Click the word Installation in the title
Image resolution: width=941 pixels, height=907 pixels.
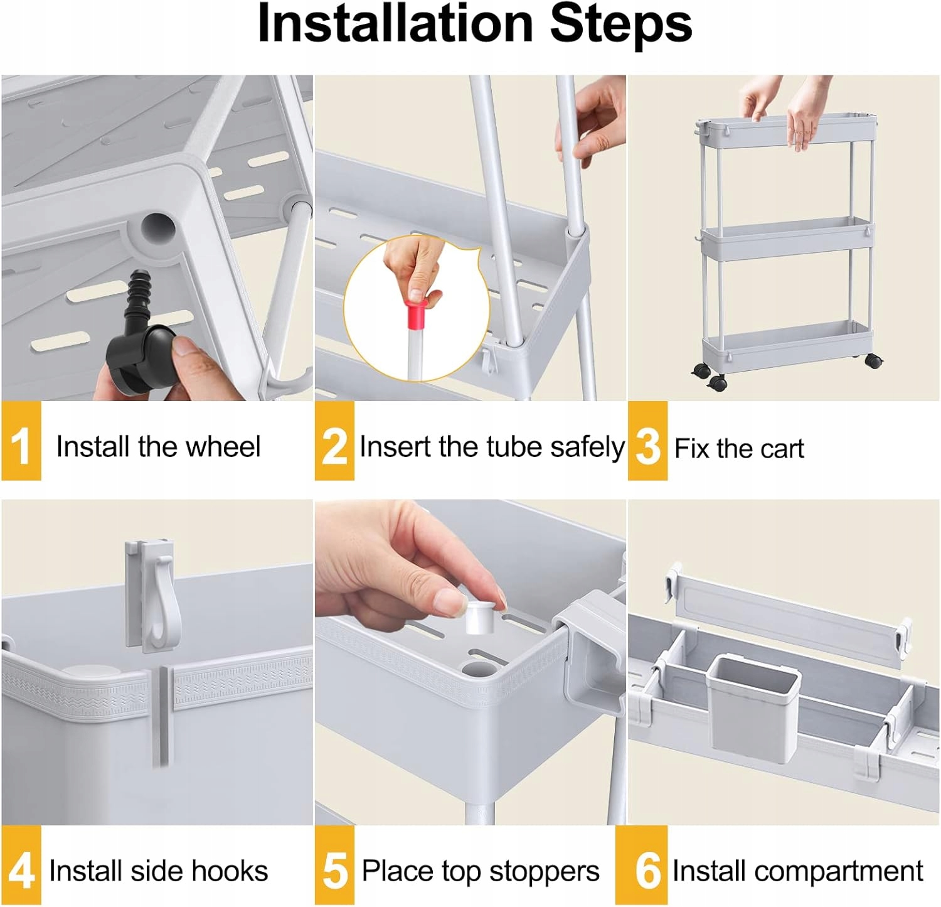395,23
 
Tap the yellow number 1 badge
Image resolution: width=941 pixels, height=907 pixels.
21,441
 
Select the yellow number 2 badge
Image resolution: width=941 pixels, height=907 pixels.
334,441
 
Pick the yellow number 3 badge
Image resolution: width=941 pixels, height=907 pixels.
647,441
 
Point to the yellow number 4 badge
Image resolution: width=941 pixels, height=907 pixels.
21,866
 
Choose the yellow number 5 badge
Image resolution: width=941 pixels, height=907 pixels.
334,866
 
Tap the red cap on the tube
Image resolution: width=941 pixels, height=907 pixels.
420,313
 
